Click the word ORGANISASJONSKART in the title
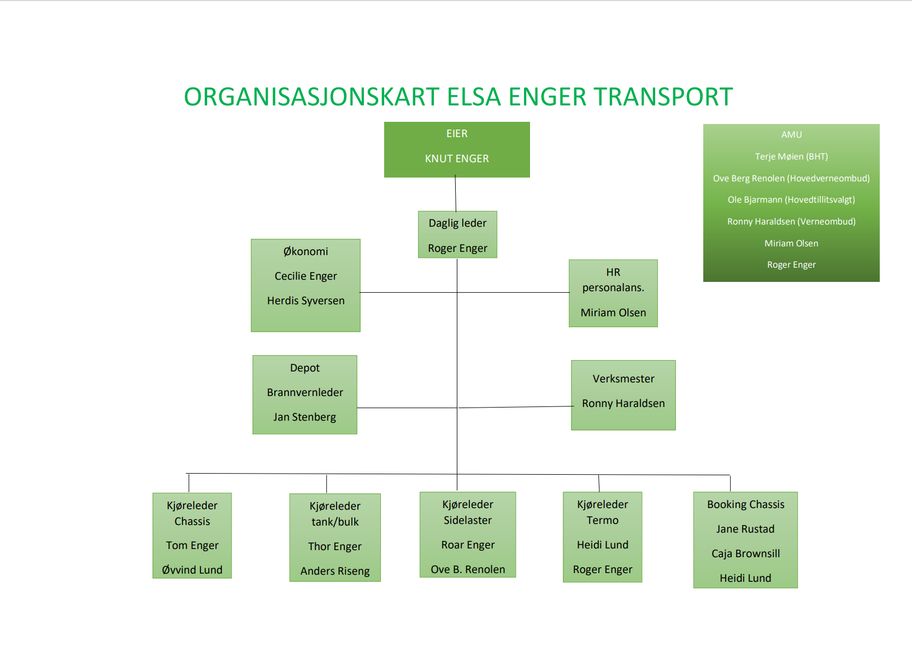pos(311,97)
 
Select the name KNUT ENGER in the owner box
pos(457,158)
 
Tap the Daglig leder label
pos(457,223)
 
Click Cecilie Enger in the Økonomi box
pos(306,276)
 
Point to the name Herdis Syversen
pos(306,300)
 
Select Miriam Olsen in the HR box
pos(613,312)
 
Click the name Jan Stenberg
pos(304,417)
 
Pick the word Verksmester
pos(623,379)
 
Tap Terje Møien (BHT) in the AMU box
pos(791,156)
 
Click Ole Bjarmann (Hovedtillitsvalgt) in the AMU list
pos(791,199)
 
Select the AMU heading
pos(791,135)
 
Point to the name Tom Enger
pos(192,545)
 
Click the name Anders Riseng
pos(335,571)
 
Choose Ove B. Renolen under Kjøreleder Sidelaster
pos(468,569)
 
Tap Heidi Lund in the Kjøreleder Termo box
pos(603,545)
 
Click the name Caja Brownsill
pos(745,553)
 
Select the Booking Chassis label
pos(745,504)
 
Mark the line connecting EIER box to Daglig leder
pos(456,193)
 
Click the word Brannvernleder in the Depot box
pos(305,392)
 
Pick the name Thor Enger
pos(334,546)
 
